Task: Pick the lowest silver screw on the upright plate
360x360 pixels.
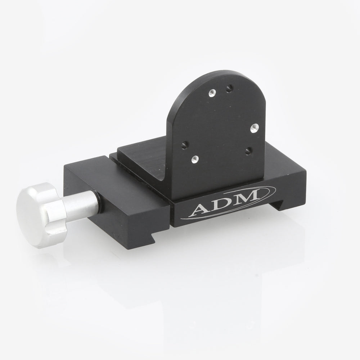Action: (195, 158)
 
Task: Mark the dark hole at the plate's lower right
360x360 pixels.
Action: (248, 149)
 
